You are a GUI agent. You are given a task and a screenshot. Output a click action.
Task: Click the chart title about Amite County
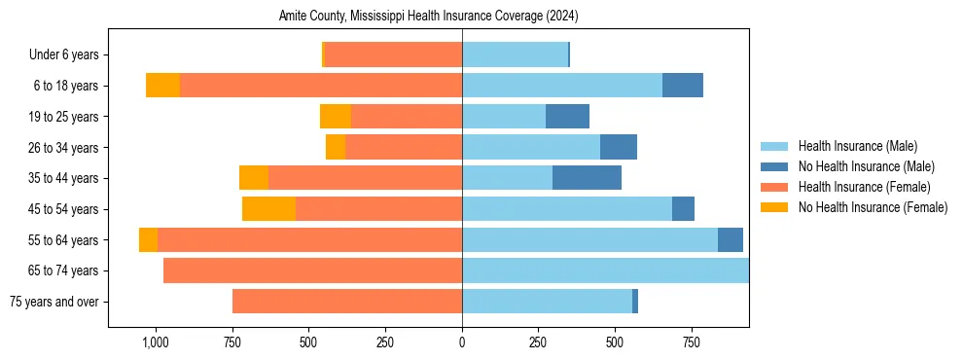429,17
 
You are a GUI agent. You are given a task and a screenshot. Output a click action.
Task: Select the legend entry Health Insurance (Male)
857,146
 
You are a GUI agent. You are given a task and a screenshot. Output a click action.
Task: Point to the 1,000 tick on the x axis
155,342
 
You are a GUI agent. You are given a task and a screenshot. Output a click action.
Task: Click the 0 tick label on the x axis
462,342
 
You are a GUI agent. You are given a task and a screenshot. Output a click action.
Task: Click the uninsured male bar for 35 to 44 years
587,178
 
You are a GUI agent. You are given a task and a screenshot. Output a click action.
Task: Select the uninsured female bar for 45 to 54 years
268,209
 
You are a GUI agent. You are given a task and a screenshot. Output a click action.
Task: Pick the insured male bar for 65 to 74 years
605,270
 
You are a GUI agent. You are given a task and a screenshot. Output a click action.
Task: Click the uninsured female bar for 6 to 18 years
162,86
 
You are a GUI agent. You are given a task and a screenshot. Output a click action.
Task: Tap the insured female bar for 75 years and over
347,302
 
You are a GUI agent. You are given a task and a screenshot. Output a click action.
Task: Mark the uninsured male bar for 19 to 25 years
567,117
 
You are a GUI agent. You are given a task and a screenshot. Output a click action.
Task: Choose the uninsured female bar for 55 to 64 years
148,240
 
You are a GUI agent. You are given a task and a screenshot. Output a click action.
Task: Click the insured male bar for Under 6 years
515,55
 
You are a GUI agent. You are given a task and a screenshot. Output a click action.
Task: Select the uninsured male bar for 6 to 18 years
682,86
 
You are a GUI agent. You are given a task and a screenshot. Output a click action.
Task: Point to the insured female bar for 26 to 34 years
404,148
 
